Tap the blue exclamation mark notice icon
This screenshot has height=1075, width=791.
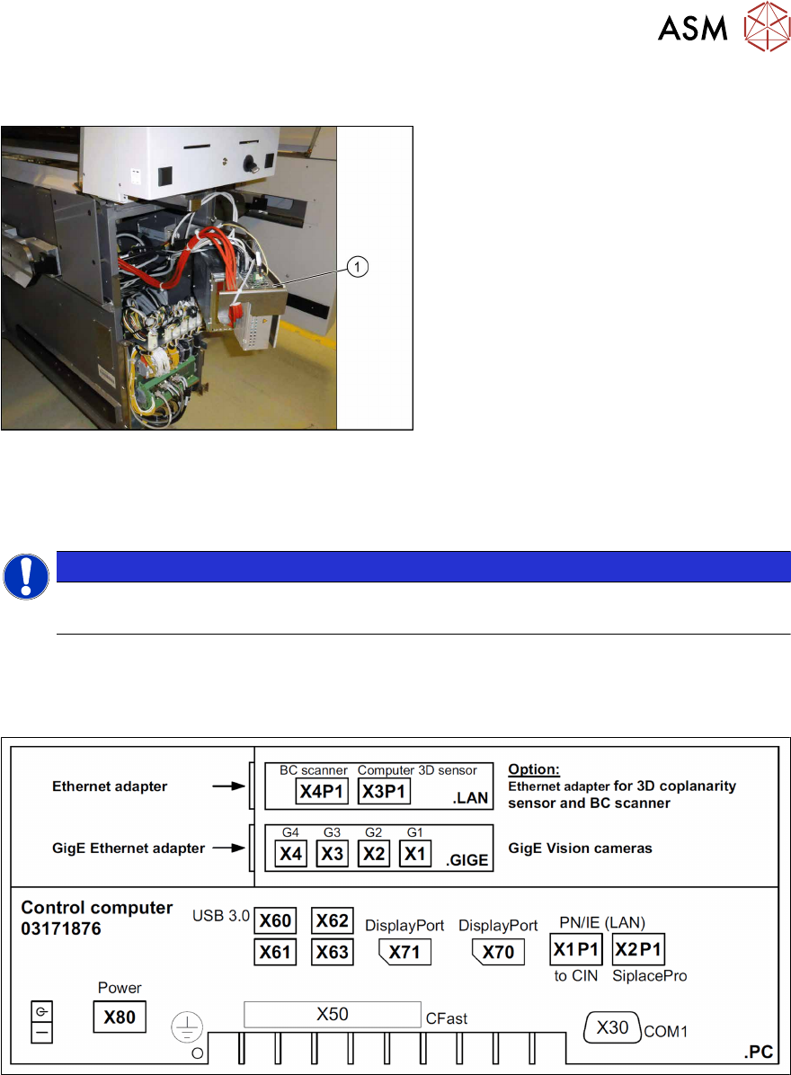[25, 577]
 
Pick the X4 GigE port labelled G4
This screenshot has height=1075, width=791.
[290, 854]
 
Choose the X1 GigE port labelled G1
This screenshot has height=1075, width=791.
[414, 854]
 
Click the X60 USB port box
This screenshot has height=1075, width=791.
[275, 921]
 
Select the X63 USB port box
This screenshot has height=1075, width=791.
[332, 951]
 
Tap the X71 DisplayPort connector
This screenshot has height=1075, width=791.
[405, 951]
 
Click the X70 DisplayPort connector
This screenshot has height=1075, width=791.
[498, 951]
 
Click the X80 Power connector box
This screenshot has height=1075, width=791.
[120, 1017]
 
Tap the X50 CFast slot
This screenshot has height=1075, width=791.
[333, 1015]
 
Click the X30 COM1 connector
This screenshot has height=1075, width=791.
[613, 1026]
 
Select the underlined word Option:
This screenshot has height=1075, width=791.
[533, 770]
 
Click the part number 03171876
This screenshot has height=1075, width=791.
[61, 928]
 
